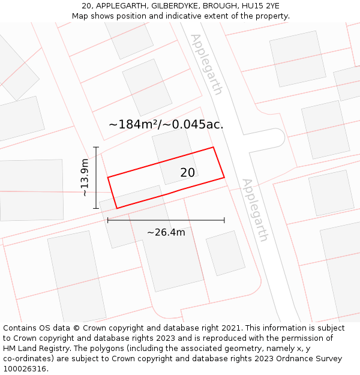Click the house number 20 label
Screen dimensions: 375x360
[187, 173]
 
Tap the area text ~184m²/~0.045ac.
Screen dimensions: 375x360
[166, 125]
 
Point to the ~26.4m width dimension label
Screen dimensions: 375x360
[166, 232]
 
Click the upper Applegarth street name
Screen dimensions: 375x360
[206, 64]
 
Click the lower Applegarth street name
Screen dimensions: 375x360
[255, 209]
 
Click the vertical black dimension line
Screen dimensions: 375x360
[96, 178]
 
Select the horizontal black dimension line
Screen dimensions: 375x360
[166, 220]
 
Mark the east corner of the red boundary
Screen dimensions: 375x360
[224, 177]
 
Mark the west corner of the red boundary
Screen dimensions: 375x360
[108, 177]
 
